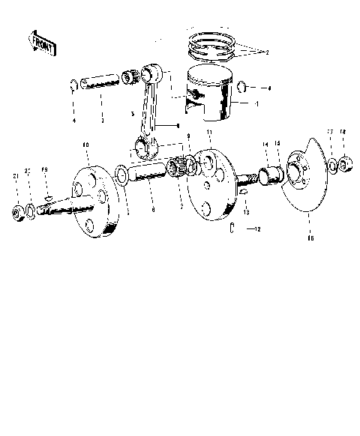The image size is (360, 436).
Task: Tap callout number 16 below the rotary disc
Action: (310, 239)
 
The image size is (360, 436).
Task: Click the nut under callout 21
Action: (17, 214)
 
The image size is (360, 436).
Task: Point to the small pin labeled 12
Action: (233, 227)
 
